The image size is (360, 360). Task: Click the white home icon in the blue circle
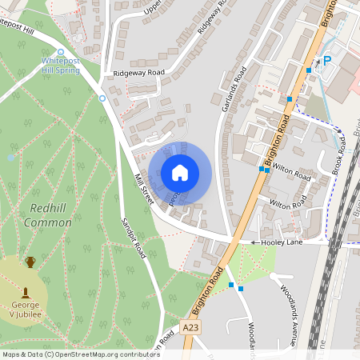[180, 173]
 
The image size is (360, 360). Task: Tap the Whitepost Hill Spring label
[61, 66]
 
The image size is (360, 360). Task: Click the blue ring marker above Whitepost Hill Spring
[61, 51]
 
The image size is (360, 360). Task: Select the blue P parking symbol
[326, 60]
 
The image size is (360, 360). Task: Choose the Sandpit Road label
[133, 238]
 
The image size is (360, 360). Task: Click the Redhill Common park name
[49, 214]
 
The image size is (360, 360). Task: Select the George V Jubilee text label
[26, 310]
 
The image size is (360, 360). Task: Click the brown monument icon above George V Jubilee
[26, 292]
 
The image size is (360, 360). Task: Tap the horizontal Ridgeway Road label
[138, 73]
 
